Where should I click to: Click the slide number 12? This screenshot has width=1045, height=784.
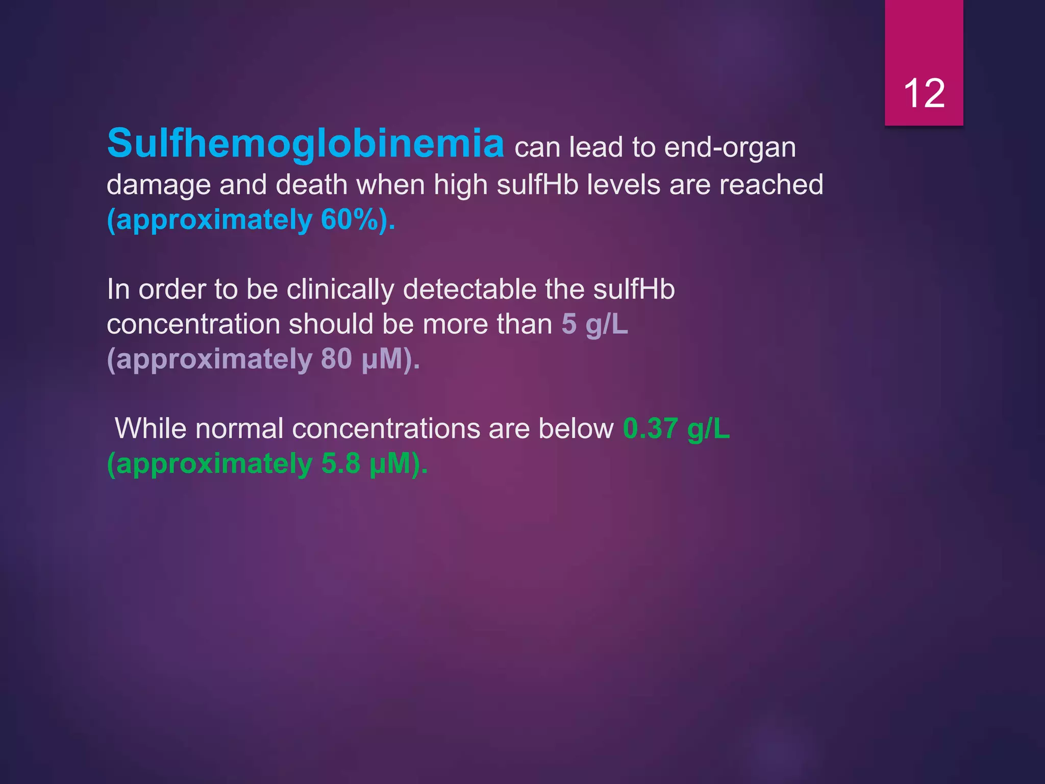click(x=924, y=94)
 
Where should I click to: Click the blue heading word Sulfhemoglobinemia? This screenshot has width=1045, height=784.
click(x=306, y=143)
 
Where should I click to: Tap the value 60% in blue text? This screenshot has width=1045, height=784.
click(x=351, y=220)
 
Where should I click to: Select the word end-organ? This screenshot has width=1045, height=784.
click(x=730, y=148)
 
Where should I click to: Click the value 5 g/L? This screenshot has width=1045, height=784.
click(x=594, y=325)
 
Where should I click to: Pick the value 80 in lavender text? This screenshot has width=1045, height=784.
click(x=336, y=359)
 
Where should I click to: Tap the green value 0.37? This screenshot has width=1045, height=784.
click(x=650, y=428)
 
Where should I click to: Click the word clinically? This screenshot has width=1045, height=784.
click(x=340, y=290)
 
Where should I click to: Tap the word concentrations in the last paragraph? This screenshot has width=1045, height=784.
click(x=386, y=428)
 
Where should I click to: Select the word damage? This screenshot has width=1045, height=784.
click(x=158, y=185)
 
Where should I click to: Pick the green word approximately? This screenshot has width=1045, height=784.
click(x=209, y=464)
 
